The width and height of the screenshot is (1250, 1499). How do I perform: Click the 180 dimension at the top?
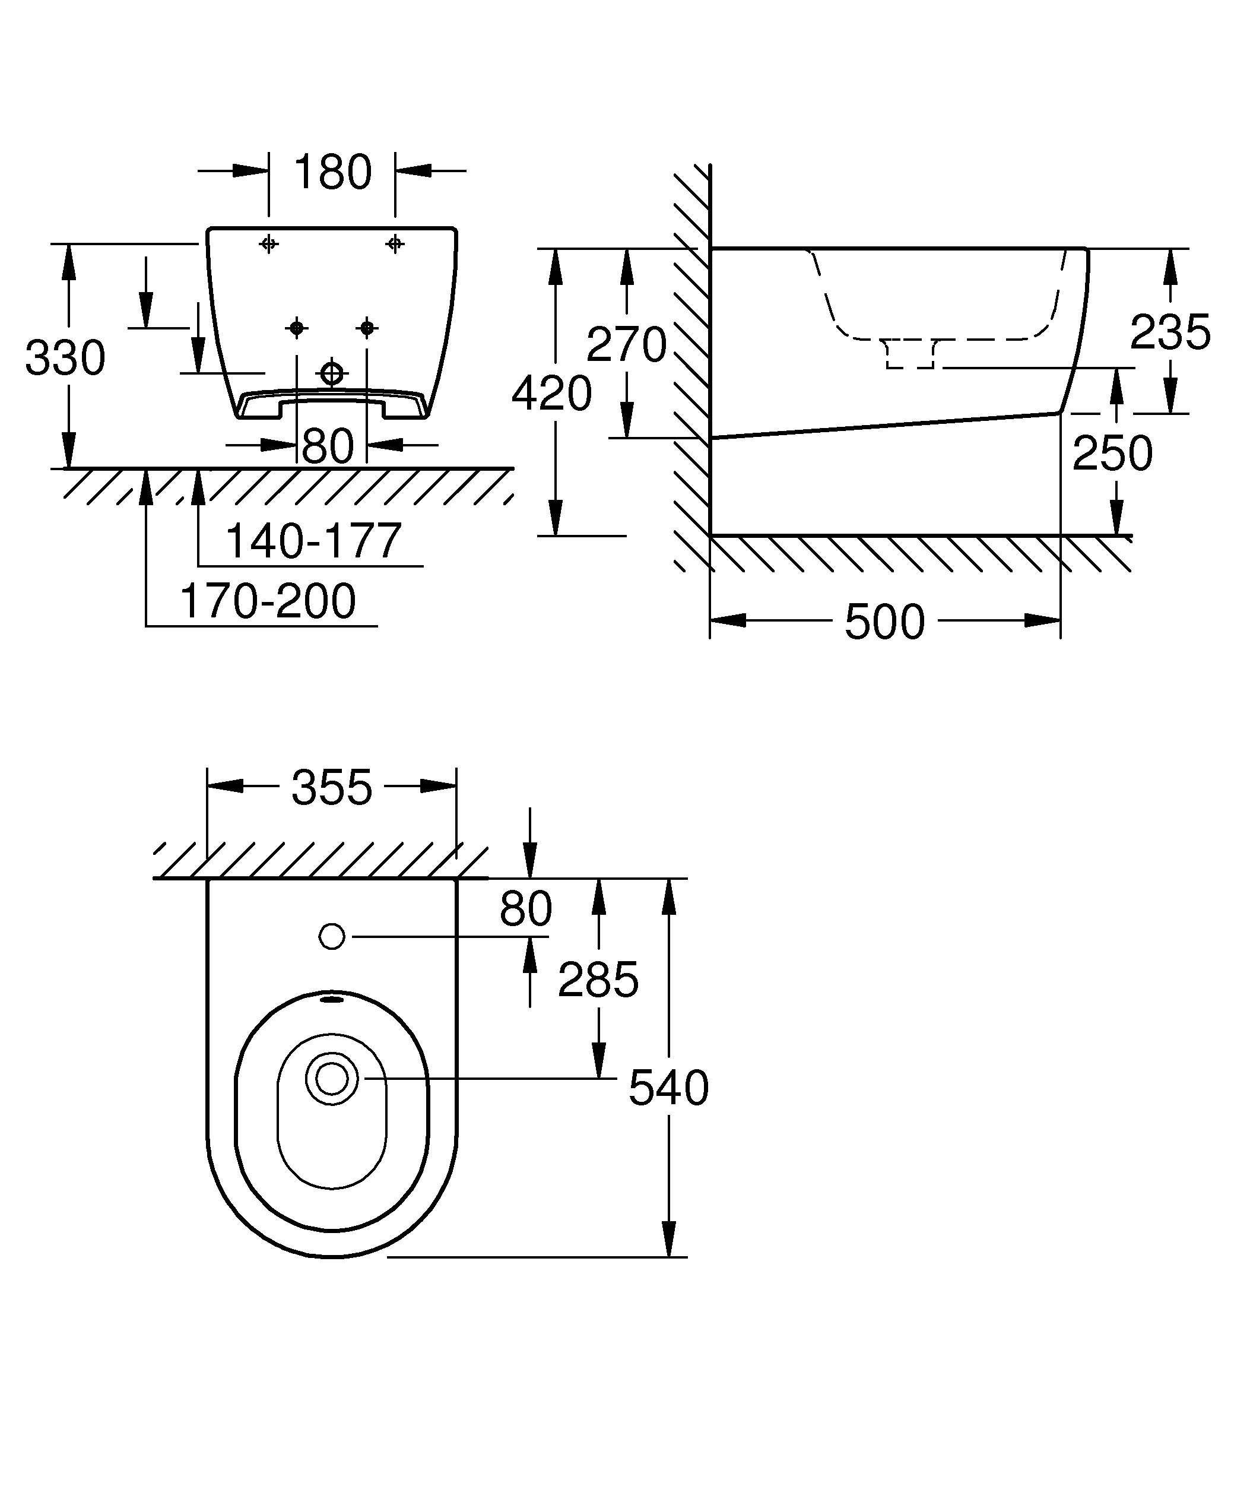tap(332, 172)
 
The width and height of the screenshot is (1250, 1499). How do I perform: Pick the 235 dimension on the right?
tap(1170, 332)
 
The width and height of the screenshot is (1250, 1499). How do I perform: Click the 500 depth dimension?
tap(885, 622)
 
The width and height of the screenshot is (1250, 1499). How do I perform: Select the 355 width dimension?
tap(332, 787)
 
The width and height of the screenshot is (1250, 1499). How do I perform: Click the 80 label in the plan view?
tap(526, 909)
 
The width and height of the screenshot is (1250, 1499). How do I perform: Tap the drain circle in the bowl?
tap(332, 1079)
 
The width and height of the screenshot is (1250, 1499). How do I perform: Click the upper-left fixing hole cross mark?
tap(269, 244)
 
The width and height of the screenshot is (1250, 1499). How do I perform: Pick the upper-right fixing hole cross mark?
tap(395, 244)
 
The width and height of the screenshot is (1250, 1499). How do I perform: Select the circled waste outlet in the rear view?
tap(332, 373)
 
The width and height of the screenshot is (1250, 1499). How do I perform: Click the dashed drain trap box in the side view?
tap(910, 355)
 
